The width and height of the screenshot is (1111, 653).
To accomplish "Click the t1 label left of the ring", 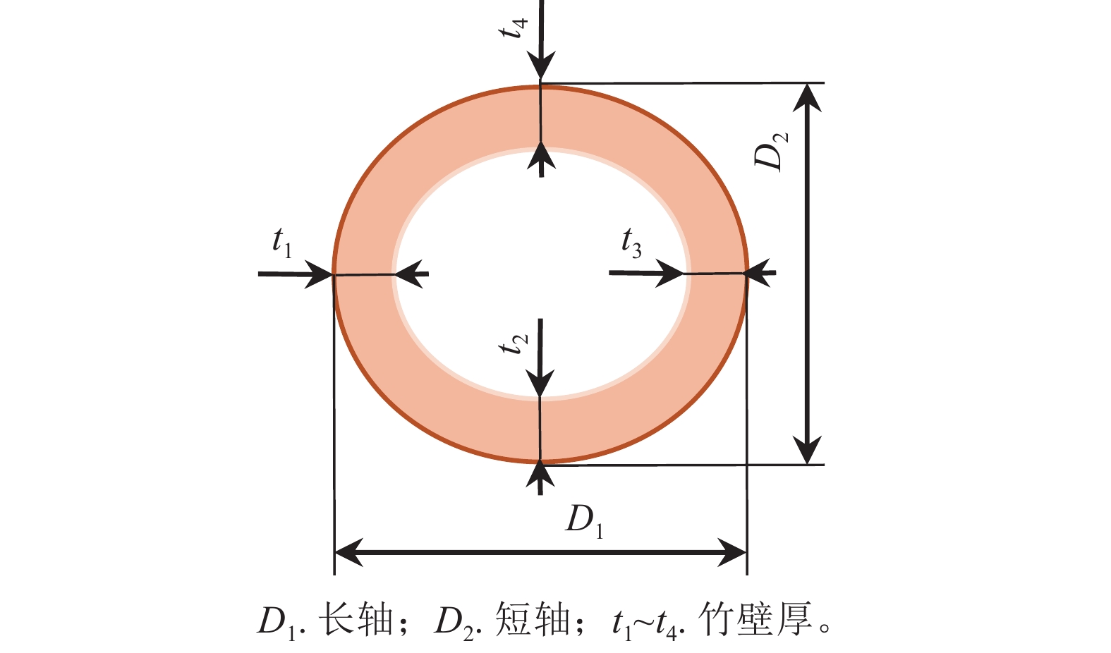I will (x=282, y=243).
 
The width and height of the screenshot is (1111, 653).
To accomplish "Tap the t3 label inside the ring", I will (x=631, y=243).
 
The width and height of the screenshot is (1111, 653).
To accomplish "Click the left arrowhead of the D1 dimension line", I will (x=348, y=552).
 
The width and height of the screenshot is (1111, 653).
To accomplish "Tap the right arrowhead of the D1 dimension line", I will (x=732, y=552).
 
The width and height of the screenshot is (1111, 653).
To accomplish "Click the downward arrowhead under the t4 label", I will (x=540, y=66).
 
